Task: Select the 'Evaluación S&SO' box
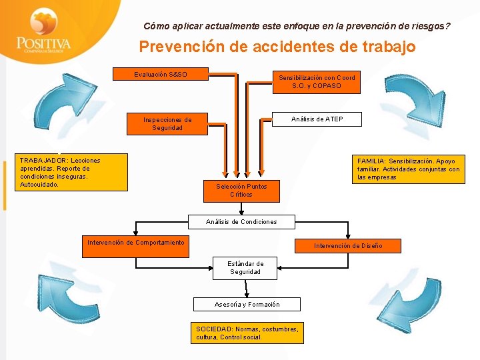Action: click(161, 74)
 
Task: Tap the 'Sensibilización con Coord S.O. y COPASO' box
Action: click(317, 82)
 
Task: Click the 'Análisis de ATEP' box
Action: click(317, 119)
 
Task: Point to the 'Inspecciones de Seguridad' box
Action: click(167, 124)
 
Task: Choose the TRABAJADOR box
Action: click(72, 173)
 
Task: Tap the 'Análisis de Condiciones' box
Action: click(241, 222)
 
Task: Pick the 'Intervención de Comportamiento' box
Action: click(136, 243)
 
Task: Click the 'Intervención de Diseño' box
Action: click(349, 246)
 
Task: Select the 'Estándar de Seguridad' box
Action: click(246, 268)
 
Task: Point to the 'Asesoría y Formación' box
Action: click(247, 305)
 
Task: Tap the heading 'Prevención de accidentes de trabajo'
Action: click(277, 47)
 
